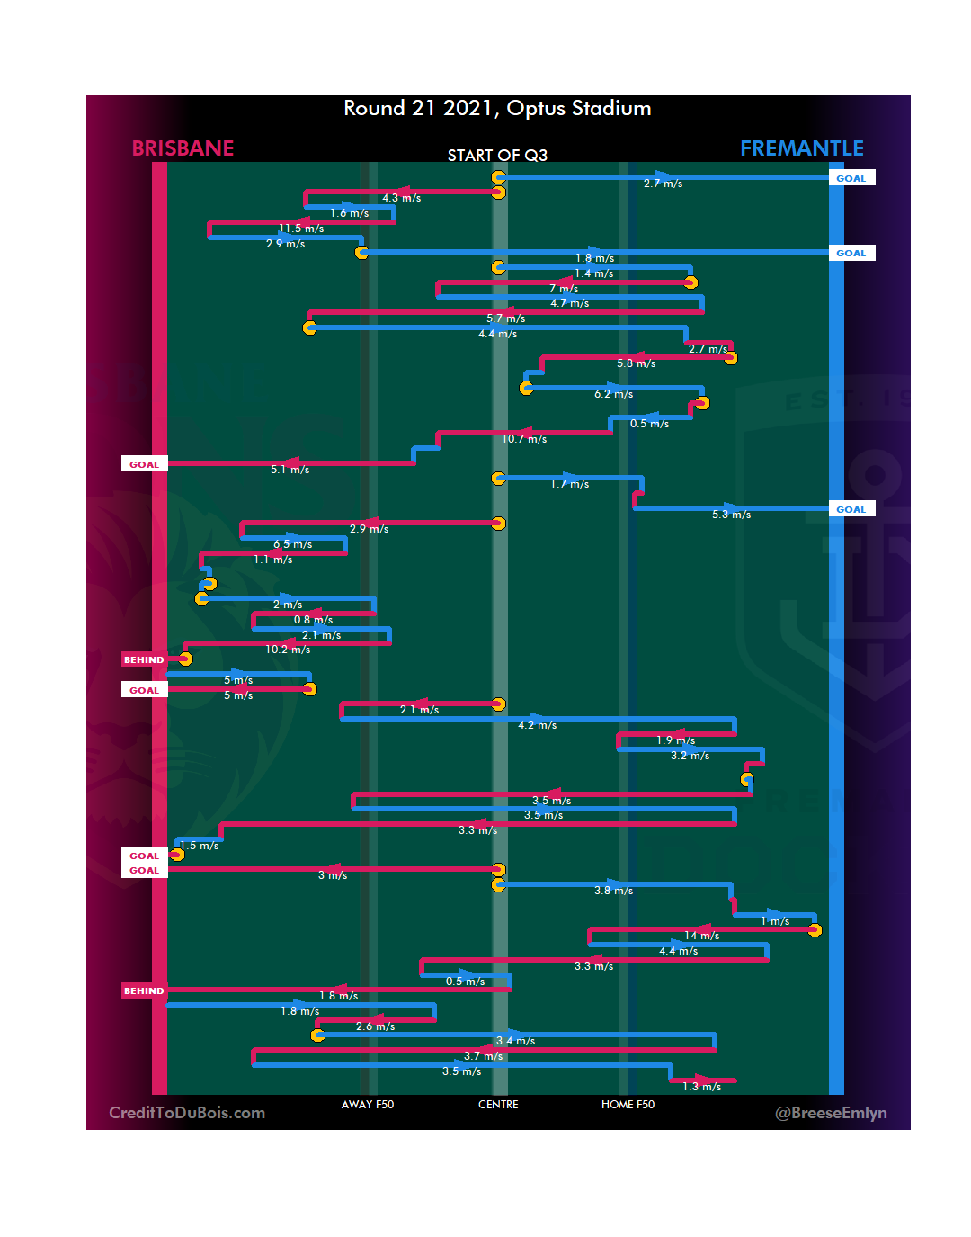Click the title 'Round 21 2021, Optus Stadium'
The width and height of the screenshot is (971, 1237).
(497, 109)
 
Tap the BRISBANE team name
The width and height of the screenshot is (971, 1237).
(183, 148)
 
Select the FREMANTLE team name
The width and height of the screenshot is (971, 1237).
(801, 148)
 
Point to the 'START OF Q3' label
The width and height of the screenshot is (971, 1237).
(497, 156)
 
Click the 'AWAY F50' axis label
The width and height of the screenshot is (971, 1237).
(367, 1105)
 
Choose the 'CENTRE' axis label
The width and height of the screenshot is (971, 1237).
(498, 1105)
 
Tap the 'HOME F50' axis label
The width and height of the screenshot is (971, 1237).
(628, 1105)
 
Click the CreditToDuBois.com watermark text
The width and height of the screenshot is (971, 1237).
(187, 1113)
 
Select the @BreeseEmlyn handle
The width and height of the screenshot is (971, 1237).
(831, 1113)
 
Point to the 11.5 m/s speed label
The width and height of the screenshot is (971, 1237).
(301, 229)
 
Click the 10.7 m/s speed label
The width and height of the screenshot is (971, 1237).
(524, 439)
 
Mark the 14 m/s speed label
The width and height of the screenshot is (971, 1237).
(701, 936)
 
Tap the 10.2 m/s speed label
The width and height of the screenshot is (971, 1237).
(288, 650)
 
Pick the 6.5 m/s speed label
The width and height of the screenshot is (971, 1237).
(293, 544)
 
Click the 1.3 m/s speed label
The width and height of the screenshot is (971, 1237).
(701, 1087)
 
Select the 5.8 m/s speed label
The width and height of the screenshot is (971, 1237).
(636, 363)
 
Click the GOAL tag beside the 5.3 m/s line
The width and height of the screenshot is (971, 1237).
(851, 509)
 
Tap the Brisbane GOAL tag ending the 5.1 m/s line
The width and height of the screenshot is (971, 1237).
(144, 464)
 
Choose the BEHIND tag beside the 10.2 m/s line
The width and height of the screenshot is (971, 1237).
(144, 659)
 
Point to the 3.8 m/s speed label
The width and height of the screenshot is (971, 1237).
(613, 891)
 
